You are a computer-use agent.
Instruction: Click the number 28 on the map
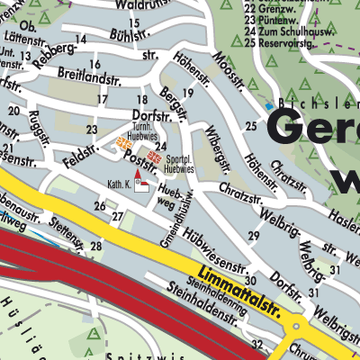(95, 246)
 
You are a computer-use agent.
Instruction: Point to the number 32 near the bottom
(257, 344)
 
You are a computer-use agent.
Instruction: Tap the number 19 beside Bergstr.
(187, 93)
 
